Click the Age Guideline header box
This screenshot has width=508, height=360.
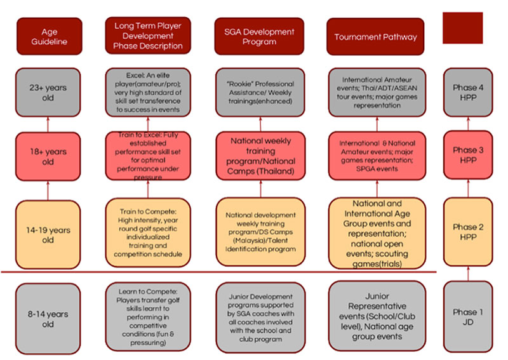pyautogui.click(x=49, y=37)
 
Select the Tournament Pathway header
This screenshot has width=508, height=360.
pyautogui.click(x=376, y=37)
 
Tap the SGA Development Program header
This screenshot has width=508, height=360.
pyautogui.click(x=259, y=37)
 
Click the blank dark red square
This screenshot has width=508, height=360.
pyautogui.click(x=462, y=28)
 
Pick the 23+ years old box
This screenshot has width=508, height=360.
pyautogui.click(x=49, y=93)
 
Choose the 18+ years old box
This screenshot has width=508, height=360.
pyautogui.click(x=49, y=156)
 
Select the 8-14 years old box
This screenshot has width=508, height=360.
pyautogui.click(x=49, y=318)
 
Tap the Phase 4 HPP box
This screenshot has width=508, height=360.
pyautogui.click(x=468, y=93)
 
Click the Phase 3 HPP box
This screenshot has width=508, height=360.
pyautogui.click(x=468, y=156)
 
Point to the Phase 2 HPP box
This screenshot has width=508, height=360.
pyautogui.click(x=468, y=232)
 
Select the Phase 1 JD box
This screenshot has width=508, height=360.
pyautogui.click(x=468, y=317)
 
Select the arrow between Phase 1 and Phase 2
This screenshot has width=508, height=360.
pyautogui.click(x=468, y=274)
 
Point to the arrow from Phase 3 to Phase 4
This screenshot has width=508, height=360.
pyautogui.click(x=468, y=124)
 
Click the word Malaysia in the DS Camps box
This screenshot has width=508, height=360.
pyautogui.click(x=244, y=241)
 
